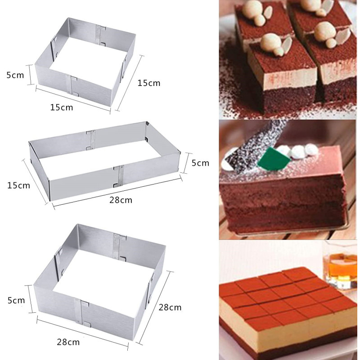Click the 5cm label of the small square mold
15,75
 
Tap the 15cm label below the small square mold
62,107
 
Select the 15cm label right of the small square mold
149,83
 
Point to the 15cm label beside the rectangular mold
18,185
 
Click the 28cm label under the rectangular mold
121,200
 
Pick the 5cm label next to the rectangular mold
200,163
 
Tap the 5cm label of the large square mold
16,300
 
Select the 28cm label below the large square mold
68,342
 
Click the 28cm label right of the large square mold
170,307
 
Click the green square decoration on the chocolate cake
273,158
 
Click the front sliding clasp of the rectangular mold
119,175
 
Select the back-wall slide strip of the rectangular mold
91,140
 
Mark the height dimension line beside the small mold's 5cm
30,75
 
